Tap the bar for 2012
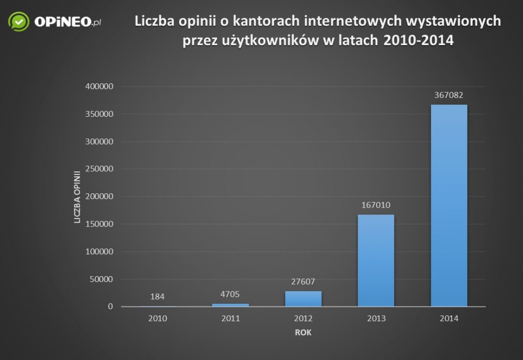coord(303,299)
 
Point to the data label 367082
coord(449,95)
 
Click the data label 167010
coord(376,205)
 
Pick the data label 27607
coord(303,281)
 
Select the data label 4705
coord(230,294)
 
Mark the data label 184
coord(157,297)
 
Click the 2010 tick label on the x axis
coord(157,318)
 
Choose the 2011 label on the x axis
coord(230,318)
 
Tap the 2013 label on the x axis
coord(376,318)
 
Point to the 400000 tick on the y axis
coord(99,86)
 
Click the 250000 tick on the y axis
coord(99,169)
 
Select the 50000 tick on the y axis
coord(101,279)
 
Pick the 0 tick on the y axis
coord(110,307)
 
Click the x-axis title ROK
coord(303,332)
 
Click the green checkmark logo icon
coord(18,21)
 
